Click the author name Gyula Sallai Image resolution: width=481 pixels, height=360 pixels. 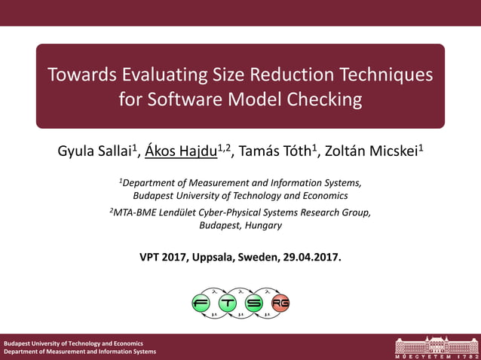point(96,150)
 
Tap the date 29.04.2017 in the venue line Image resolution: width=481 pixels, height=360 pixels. point(311,257)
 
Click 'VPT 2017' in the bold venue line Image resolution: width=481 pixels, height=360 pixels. point(161,257)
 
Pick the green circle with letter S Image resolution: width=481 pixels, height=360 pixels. point(254,303)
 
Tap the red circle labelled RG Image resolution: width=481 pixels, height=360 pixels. point(280,303)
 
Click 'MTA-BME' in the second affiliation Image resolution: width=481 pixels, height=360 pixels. point(136,212)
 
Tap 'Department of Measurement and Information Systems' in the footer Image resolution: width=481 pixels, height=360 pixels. point(80,352)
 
